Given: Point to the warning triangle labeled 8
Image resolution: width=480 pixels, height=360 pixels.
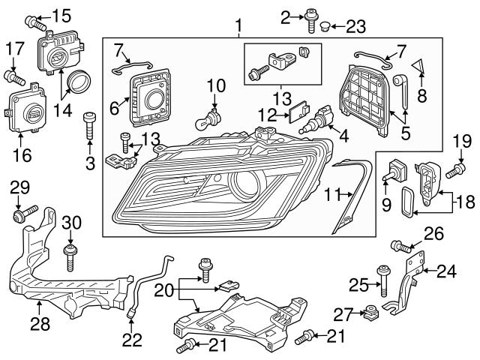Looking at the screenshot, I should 421,69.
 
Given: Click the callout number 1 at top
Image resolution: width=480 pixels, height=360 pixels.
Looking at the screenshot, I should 238,28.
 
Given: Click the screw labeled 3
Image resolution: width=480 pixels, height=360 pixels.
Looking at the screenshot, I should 90,123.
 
